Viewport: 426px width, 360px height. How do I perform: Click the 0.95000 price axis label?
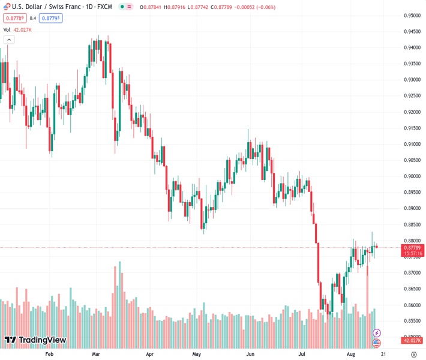tap(412, 16)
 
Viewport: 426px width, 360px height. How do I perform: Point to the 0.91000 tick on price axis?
tap(412, 144)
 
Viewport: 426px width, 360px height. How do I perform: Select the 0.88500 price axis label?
tap(412, 224)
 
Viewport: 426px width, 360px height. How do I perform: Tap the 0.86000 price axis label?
tap(412, 305)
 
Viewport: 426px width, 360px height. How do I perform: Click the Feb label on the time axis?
tap(49, 354)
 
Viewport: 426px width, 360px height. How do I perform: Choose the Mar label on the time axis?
tap(95, 354)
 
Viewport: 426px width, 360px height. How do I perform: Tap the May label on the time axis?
tap(196, 354)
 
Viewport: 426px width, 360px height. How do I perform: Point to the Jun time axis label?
tap(251, 354)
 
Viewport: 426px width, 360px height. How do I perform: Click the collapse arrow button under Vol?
tap(9, 40)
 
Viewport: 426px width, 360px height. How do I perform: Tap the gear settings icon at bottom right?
tap(413, 354)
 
